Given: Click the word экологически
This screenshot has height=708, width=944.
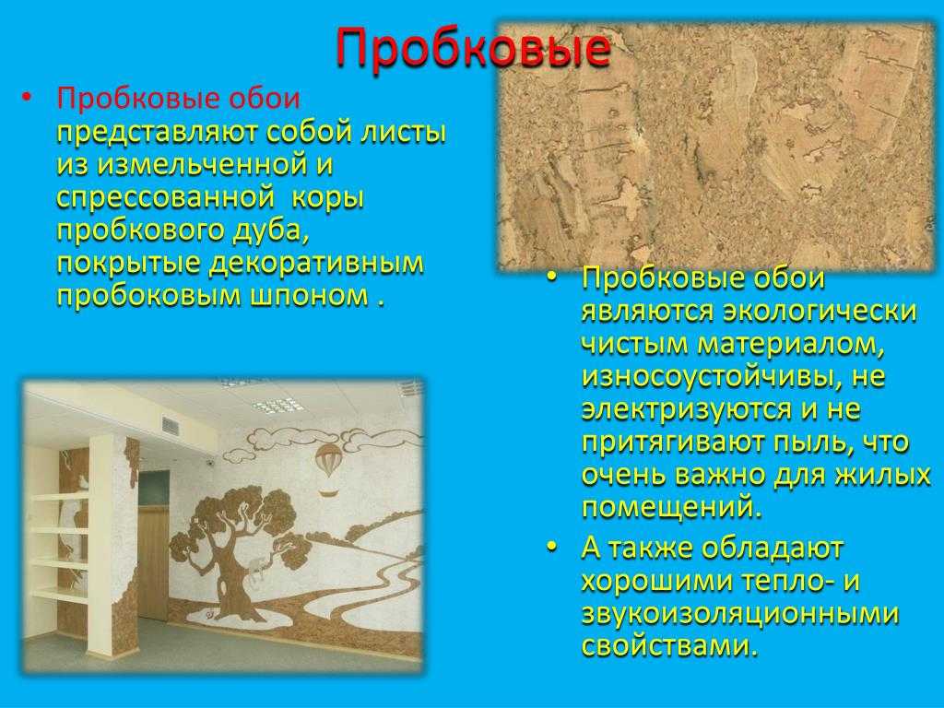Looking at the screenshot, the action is pos(820,312).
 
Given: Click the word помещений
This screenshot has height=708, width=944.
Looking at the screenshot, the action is pos(672,508).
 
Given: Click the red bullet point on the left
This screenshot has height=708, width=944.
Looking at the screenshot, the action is pos(25,98).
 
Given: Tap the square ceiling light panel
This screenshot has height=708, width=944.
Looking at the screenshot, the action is pos(277,406).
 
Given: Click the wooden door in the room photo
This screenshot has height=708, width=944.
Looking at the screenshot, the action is pos(154,563).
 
